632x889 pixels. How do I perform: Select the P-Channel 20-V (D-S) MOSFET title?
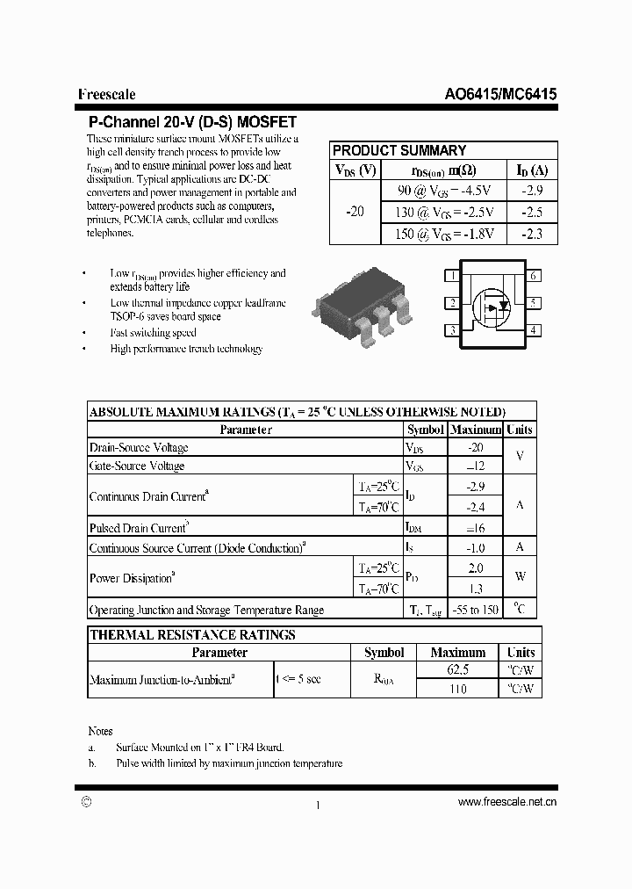point(192,122)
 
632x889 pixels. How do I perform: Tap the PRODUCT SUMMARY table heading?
point(399,150)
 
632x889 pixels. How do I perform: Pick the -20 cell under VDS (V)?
point(355,212)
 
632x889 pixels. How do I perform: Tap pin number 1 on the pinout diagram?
point(452,276)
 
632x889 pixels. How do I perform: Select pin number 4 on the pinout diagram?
point(534,330)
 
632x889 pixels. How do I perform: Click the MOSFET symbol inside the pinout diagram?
point(492,304)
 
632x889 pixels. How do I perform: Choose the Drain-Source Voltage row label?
point(139,448)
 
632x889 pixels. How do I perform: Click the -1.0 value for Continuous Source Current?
point(475,547)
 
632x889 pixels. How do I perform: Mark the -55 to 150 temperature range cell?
point(475,610)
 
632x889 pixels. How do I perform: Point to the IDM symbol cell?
point(413,528)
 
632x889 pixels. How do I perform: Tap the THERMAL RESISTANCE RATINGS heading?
point(193,634)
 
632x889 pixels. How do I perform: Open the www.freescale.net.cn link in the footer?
point(507,802)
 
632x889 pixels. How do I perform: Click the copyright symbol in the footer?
point(86,801)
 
